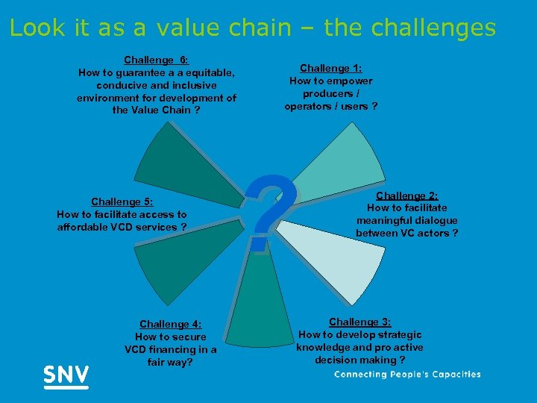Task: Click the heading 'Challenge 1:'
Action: (330, 68)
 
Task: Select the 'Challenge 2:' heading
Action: (406, 196)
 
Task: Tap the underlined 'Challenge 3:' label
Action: (359, 322)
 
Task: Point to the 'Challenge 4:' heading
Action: (170, 324)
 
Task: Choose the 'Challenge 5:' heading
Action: (122, 201)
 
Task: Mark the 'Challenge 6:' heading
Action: (156, 60)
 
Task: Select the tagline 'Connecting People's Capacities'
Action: (407, 375)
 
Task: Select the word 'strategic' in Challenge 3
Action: (395, 334)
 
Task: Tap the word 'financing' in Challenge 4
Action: (174, 349)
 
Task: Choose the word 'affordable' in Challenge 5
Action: (84, 227)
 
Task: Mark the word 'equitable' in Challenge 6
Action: (204, 72)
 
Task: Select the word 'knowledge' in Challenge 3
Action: (323, 347)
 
